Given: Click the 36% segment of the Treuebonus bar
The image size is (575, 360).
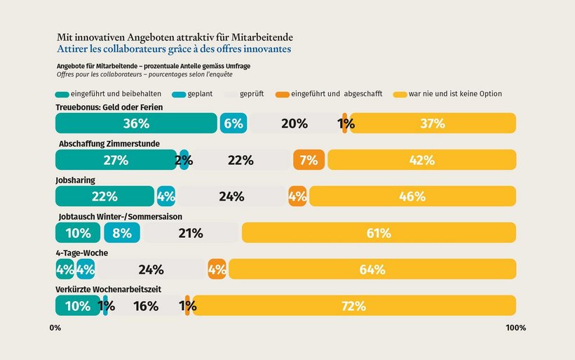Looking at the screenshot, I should tap(136, 124).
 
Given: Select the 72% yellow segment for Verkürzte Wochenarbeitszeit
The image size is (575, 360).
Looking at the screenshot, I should tap(354, 306).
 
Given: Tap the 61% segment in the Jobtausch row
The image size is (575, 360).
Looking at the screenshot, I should tap(379, 233).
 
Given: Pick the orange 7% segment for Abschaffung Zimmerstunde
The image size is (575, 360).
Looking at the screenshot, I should tap(309, 160).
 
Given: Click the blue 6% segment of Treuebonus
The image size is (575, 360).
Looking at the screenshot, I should tap(233, 124).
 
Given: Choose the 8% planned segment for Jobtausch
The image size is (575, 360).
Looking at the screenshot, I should tap(122, 233).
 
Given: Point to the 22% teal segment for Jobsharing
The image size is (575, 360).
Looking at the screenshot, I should tap(104, 196).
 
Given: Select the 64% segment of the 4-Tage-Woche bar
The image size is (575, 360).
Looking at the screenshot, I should tap(372, 269).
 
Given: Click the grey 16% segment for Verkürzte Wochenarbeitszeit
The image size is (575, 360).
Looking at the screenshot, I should tap(146, 306).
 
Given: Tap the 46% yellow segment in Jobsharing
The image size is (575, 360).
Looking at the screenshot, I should tap(412, 196).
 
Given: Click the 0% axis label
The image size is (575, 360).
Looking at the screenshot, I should tap(55, 328).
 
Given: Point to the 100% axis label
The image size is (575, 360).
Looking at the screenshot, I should tap(515, 328).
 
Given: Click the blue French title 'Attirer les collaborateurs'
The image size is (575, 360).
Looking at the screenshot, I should tap(173, 49).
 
